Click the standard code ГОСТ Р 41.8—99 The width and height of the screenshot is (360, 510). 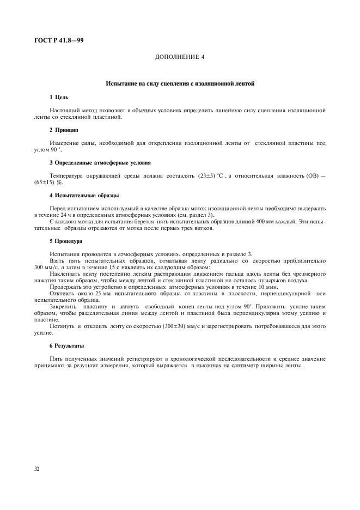(59, 41)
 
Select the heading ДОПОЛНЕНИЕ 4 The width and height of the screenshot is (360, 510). (180, 57)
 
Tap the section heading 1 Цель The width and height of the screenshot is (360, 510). (59, 97)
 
